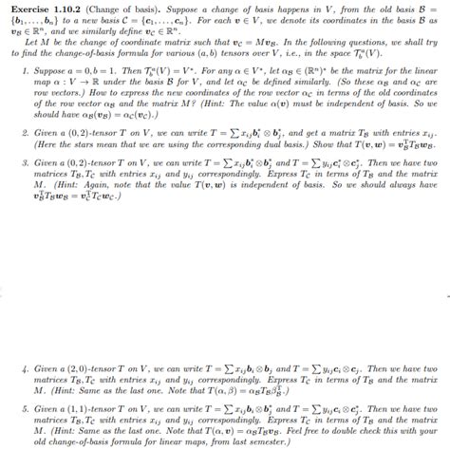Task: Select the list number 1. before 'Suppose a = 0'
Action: pos(25,71)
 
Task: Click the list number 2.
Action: pos(25,131)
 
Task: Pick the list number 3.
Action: pos(25,162)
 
